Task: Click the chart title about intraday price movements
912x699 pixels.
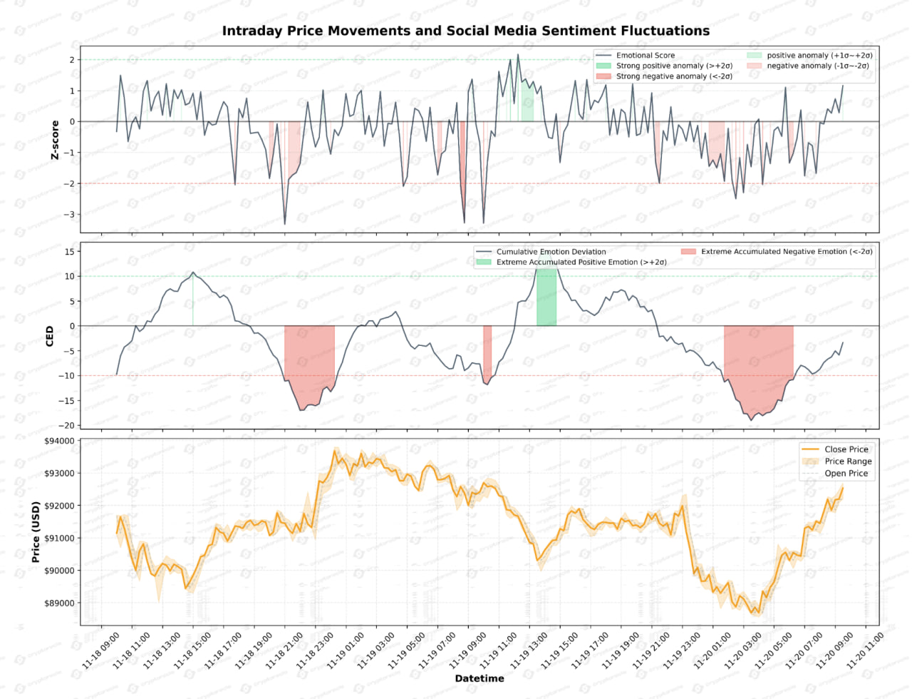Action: [x=465, y=31]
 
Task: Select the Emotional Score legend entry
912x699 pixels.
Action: [x=645, y=55]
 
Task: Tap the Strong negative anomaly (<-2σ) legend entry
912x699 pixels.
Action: [x=673, y=76]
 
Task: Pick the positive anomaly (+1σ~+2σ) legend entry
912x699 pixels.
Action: [x=819, y=55]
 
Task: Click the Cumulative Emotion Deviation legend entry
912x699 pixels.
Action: [x=551, y=252]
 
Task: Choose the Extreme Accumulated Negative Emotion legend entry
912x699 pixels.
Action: [x=786, y=252]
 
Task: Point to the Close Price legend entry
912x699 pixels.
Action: [x=846, y=449]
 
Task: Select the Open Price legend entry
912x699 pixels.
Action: [x=846, y=474]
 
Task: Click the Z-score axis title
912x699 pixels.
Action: [x=55, y=140]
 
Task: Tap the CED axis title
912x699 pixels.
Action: [x=50, y=336]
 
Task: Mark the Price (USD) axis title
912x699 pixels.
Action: [x=36, y=532]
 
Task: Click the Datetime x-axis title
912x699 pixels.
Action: [x=480, y=678]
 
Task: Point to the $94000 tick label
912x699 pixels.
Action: [x=59, y=441]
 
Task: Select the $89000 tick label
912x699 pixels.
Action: [x=59, y=603]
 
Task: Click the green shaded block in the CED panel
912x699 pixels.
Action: [x=546, y=301]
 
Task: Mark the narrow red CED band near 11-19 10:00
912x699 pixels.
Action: [x=487, y=354]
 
